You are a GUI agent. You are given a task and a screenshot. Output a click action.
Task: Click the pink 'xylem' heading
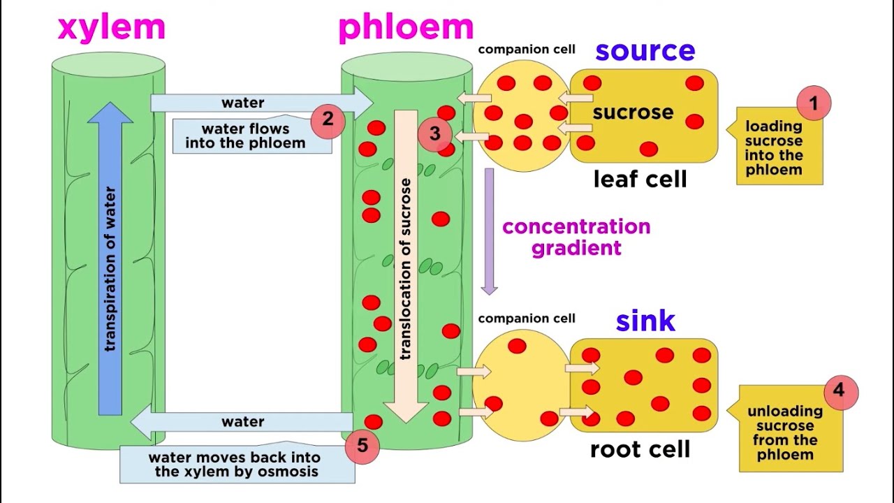click(x=111, y=28)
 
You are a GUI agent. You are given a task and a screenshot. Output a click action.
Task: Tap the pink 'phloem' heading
click(x=406, y=28)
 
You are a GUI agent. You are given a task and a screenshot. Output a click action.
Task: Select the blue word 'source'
click(x=645, y=50)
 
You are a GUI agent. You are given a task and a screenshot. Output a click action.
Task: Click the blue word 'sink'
click(x=645, y=321)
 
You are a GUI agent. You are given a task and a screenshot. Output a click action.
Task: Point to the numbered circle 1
click(x=813, y=104)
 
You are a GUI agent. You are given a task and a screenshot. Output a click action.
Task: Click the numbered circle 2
click(x=328, y=120)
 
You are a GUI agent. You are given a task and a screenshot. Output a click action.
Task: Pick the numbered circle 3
click(x=435, y=133)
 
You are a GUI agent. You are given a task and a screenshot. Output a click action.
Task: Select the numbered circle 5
click(x=362, y=445)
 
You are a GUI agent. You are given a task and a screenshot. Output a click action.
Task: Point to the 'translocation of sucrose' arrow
click(x=406, y=265)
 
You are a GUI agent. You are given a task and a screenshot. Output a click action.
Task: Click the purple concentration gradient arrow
click(x=490, y=231)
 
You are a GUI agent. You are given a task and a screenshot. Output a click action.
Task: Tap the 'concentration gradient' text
click(x=576, y=238)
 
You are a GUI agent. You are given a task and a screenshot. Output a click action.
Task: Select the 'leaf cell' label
click(x=640, y=180)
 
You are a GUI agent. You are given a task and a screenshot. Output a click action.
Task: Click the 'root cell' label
click(x=640, y=449)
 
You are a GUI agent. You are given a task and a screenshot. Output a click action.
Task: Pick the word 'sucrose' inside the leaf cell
click(x=633, y=112)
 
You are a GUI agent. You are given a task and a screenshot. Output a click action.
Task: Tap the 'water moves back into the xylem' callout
click(x=234, y=465)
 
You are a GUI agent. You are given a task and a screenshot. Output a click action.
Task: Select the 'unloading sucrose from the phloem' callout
click(x=784, y=433)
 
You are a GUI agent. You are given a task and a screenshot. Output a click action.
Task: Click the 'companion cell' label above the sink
click(x=527, y=319)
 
